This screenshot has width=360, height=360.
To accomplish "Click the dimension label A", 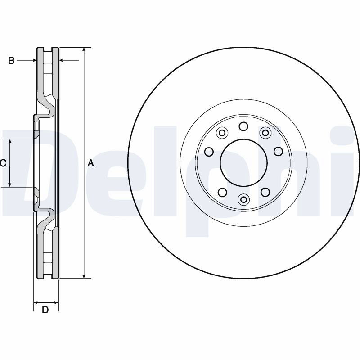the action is pyautogui.click(x=91, y=163).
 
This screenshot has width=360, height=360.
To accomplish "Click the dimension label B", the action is pyautogui.click(x=11, y=61).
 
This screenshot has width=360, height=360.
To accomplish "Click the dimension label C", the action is pyautogui.click(x=3, y=163).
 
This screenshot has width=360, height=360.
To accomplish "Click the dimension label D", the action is pyautogui.click(x=45, y=310).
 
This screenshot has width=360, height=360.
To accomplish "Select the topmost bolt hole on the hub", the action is pyautogui.click(x=243, y=126).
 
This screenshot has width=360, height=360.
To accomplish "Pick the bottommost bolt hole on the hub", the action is pyautogui.click(x=243, y=199).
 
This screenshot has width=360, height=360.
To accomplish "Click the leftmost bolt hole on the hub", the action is pyautogui.click(x=209, y=152).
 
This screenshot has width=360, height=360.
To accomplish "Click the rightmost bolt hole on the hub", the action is pyautogui.click(x=278, y=151).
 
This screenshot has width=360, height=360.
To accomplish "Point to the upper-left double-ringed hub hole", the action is pyautogui.click(x=222, y=133).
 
